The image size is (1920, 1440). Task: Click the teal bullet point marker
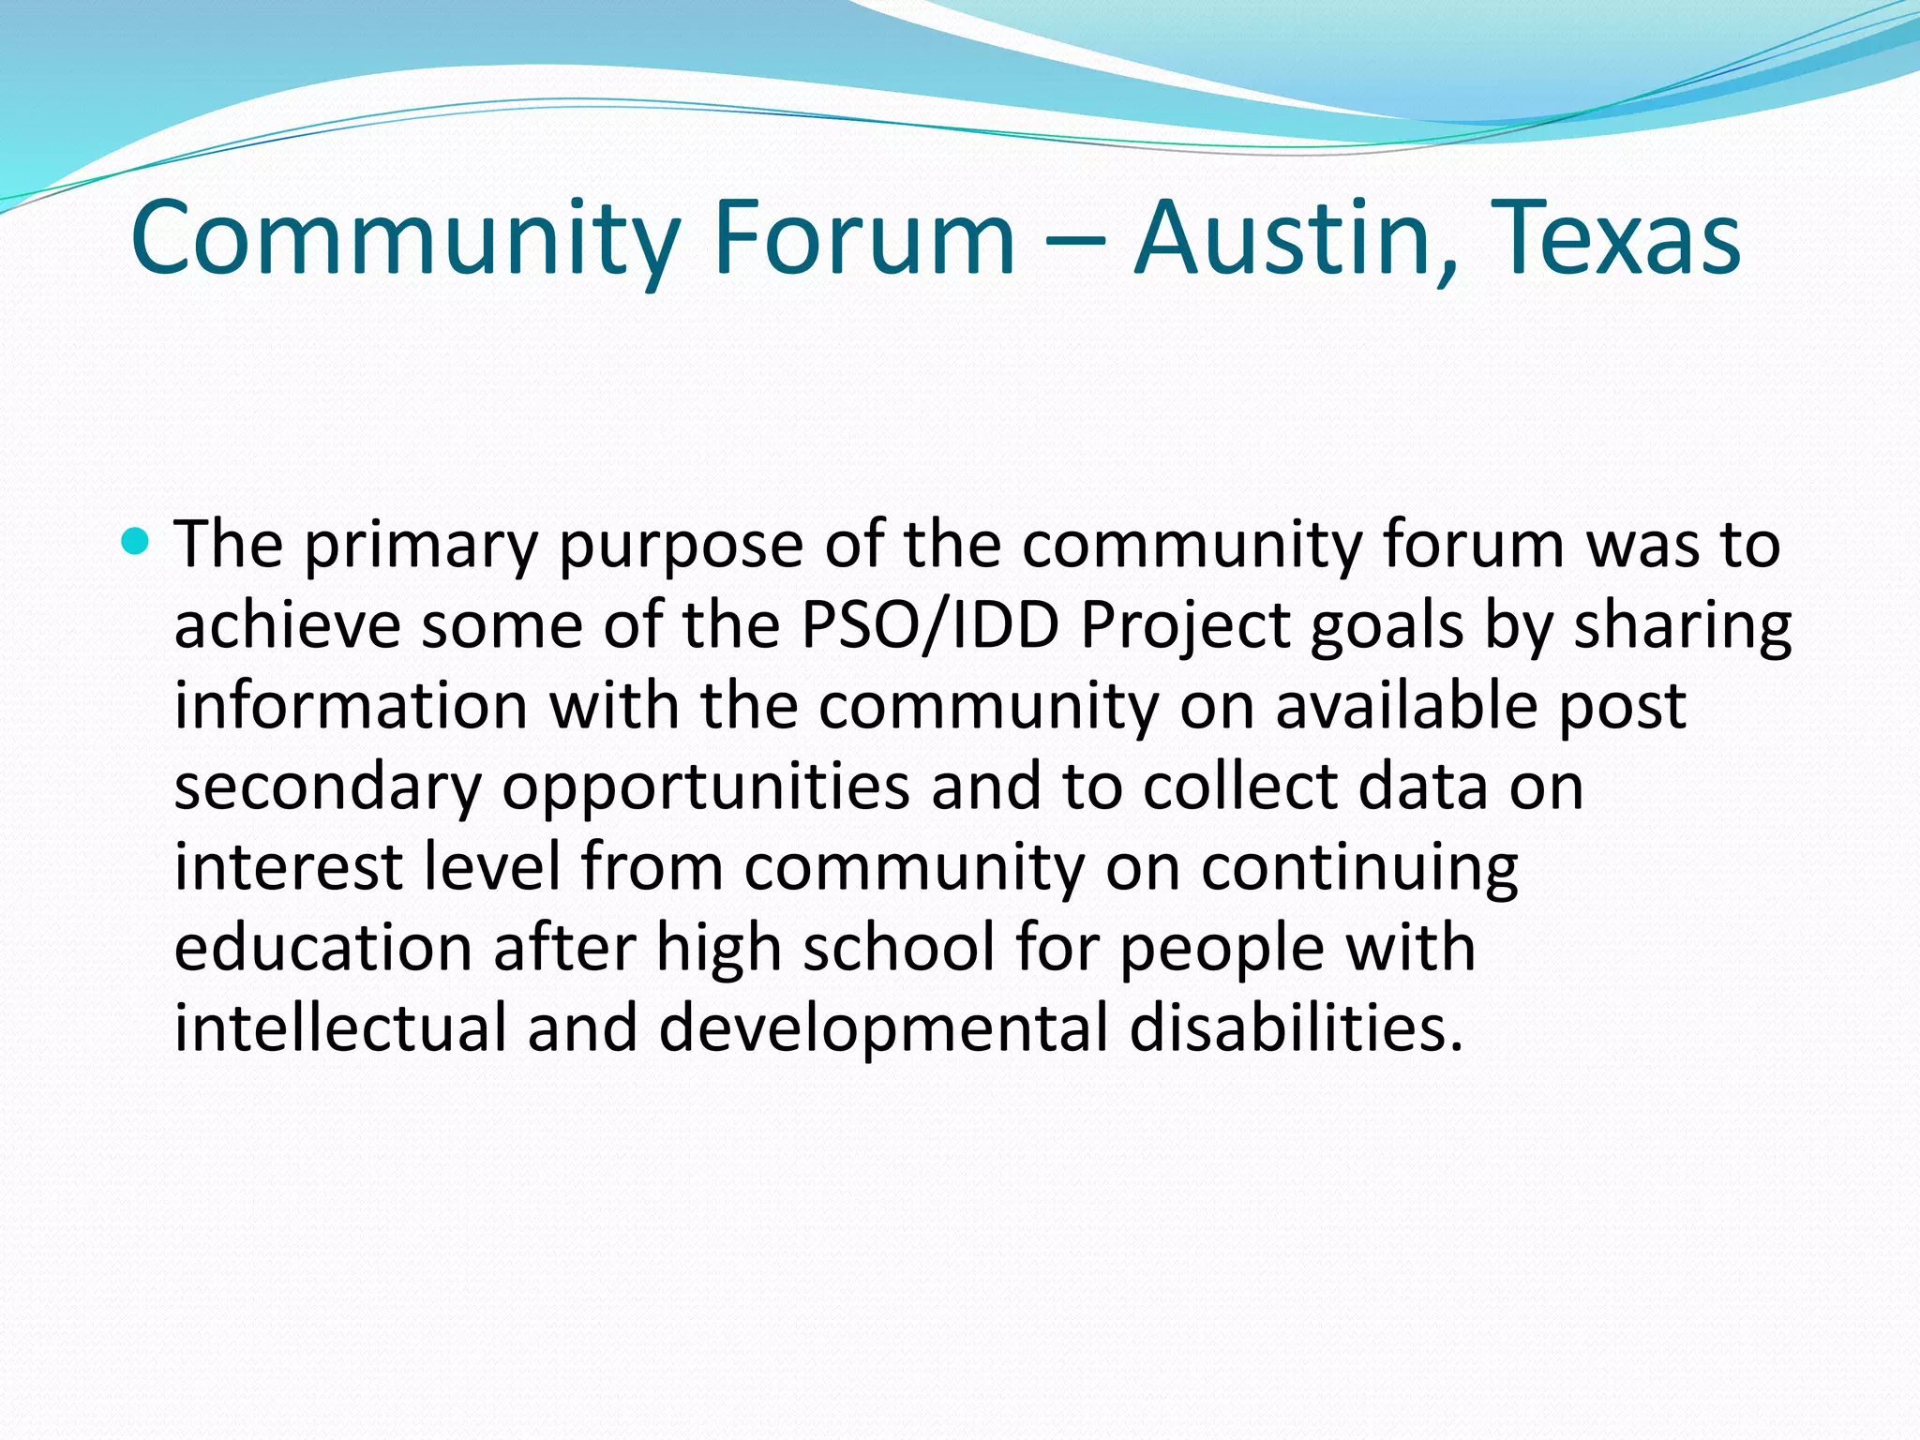click(x=136, y=541)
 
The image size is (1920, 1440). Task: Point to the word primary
click(x=421, y=547)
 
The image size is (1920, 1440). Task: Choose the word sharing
click(x=1682, y=627)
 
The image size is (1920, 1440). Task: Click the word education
click(x=322, y=947)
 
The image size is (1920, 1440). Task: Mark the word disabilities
click(x=1297, y=1027)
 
